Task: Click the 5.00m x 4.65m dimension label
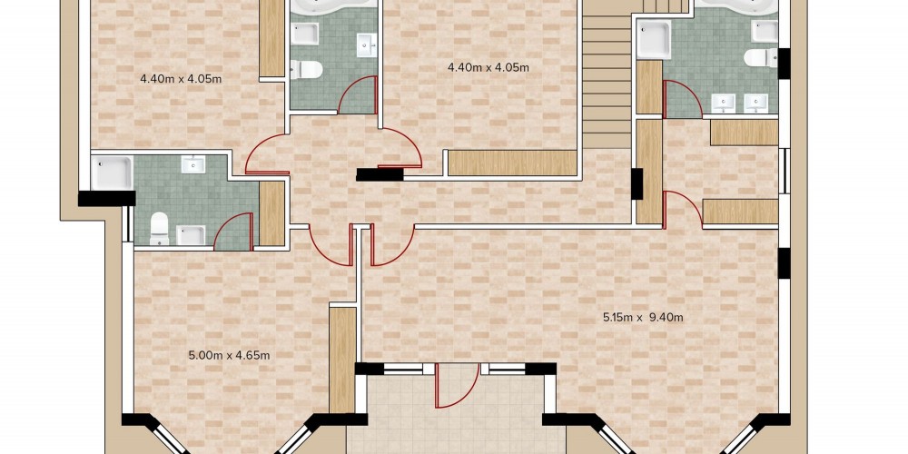pyautogui.click(x=230, y=355)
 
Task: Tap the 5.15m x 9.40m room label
pyautogui.click(x=643, y=317)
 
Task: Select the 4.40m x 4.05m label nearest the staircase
pyautogui.click(x=489, y=67)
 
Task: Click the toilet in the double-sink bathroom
pyautogui.click(x=760, y=57)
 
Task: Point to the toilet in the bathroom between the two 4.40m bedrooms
pyautogui.click(x=306, y=70)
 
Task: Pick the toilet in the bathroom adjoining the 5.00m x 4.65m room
pyautogui.click(x=159, y=228)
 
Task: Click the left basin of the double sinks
pyautogui.click(x=723, y=104)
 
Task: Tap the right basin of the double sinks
pyautogui.click(x=755, y=104)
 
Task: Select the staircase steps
pyautogui.click(x=607, y=74)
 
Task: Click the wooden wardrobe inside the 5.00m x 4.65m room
pyautogui.click(x=342, y=360)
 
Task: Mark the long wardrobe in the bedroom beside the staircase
pyautogui.click(x=512, y=163)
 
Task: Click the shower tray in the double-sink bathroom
pyautogui.click(x=654, y=39)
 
